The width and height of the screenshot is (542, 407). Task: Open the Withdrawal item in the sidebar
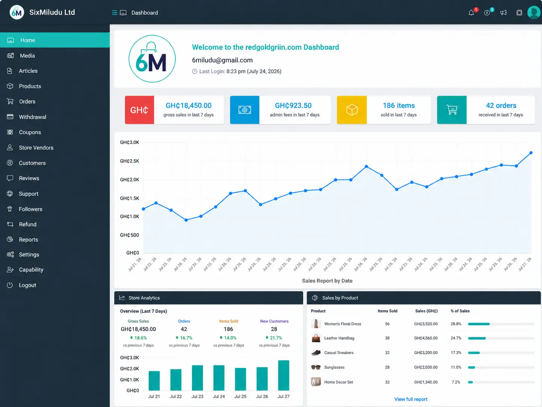[32, 117]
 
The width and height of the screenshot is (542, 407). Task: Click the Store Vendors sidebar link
[36, 148]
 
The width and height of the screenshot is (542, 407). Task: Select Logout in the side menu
[27, 285]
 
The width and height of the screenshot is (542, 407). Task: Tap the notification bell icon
[471, 13]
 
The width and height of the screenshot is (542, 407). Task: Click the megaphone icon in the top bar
[503, 13]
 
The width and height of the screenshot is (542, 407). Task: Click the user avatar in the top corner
[534, 12]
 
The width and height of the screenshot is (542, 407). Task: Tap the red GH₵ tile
[140, 110]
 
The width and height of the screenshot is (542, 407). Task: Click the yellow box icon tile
[352, 110]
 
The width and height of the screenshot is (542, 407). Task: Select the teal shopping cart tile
[452, 110]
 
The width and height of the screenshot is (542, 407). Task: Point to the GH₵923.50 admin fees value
[293, 106]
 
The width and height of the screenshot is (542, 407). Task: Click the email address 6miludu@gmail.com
[222, 60]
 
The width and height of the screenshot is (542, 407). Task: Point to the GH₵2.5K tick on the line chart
[130, 161]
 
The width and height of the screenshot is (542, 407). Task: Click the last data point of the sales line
[531, 153]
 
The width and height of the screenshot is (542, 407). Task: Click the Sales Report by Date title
[327, 281]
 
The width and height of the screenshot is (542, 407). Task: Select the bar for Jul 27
[283, 376]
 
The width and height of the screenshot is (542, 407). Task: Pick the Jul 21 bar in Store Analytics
[154, 381]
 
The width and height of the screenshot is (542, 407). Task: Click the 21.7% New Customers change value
[276, 338]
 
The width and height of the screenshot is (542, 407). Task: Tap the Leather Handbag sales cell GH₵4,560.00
[426, 338]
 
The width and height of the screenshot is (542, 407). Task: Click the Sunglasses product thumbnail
[316, 367]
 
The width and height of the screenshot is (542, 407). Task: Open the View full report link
[411, 399]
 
